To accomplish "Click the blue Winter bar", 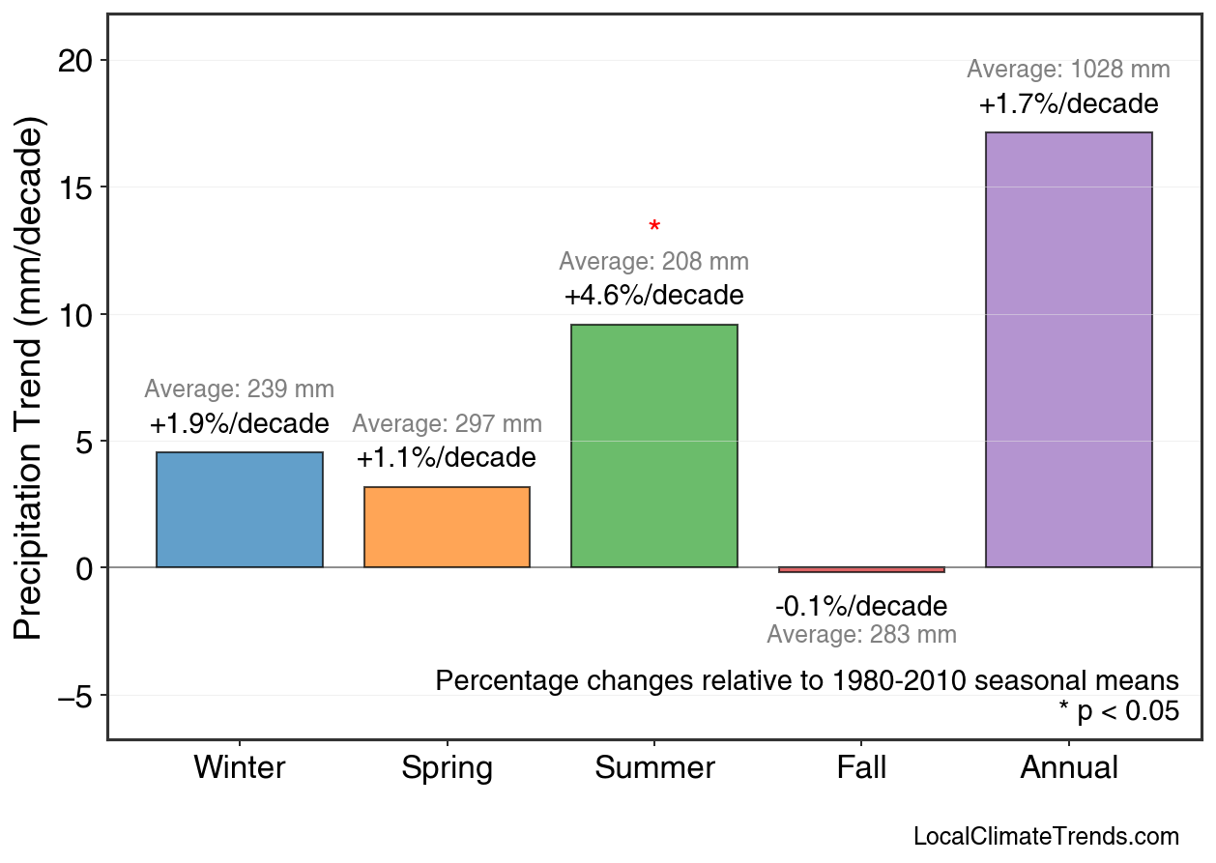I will pyautogui.click(x=240, y=509).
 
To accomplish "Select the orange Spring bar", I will pyautogui.click(x=447, y=527).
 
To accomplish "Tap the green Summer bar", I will pyautogui.click(x=654, y=446).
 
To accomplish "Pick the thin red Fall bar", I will pyautogui.click(x=861, y=569).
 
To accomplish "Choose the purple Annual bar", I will pyautogui.click(x=1068, y=349).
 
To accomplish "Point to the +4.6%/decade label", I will pyautogui.click(x=654, y=295).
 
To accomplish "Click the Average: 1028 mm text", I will pyautogui.click(x=1068, y=70).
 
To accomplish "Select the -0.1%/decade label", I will pyautogui.click(x=861, y=607).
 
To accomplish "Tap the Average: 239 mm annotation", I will pyautogui.click(x=240, y=389).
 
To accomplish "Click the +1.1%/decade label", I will pyautogui.click(x=447, y=457).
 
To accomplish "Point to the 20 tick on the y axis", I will pyautogui.click(x=79, y=61).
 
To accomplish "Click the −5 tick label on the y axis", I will pyautogui.click(x=74, y=696).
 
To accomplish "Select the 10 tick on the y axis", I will pyautogui.click(x=79, y=315).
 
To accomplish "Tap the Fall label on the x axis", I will pyautogui.click(x=861, y=768).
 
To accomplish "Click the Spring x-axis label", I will pyautogui.click(x=447, y=768).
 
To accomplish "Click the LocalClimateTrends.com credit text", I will pyautogui.click(x=1046, y=836).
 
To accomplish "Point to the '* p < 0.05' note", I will pyautogui.click(x=1119, y=711).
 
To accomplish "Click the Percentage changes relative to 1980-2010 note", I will pyautogui.click(x=807, y=680).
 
